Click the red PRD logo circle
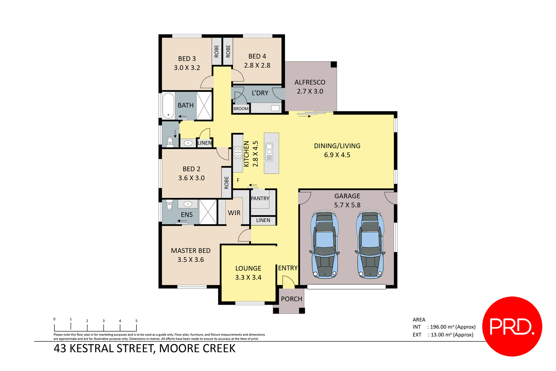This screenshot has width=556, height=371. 512,326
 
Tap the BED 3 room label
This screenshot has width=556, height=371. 187,59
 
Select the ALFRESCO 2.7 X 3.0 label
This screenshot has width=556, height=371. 310,87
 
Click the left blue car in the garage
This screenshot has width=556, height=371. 325,244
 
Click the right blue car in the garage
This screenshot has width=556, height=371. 370,244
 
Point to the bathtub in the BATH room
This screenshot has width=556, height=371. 168,106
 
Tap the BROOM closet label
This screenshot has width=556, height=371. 241,109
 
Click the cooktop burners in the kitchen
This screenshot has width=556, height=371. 238,153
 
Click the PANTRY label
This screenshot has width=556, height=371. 260,199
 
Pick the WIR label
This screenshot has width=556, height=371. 234,213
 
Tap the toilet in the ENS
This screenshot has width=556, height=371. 169,205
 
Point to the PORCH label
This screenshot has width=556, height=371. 291,299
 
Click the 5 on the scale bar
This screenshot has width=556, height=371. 136,321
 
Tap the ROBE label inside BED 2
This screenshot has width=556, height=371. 226,183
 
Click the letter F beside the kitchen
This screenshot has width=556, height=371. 238,180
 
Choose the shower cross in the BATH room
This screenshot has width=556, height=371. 204,106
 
